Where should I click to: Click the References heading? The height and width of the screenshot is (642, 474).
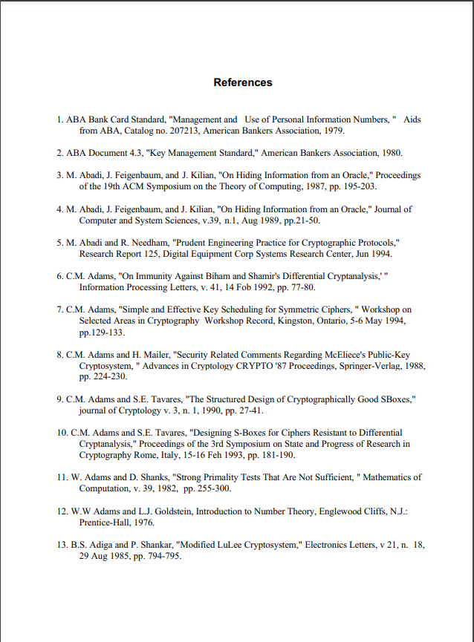[243, 82]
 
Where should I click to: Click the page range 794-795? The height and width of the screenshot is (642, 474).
[162, 555]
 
